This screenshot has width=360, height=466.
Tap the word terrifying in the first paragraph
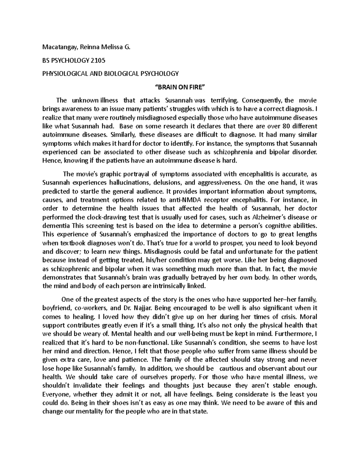pyautogui.click(x=225, y=100)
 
